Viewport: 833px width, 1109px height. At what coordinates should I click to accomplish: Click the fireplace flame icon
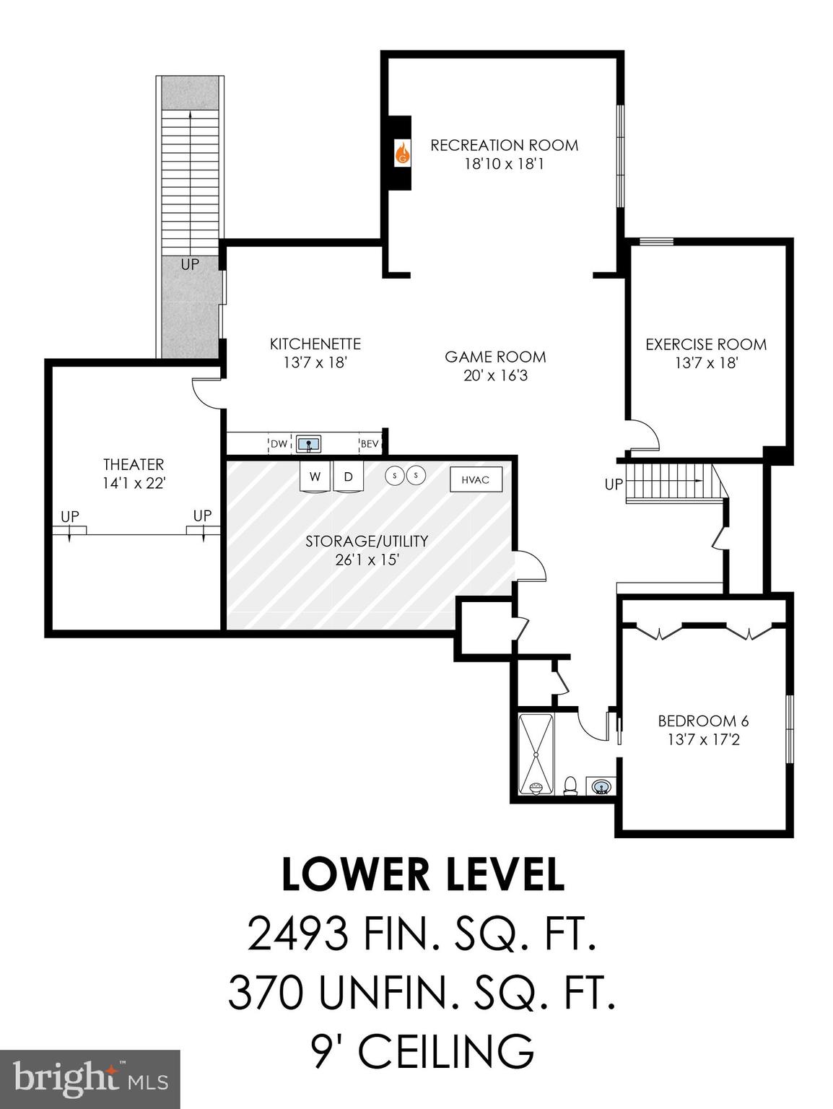[402, 152]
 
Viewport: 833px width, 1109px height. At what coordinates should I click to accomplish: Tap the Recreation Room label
[504, 145]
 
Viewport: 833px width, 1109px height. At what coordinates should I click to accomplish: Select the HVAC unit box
[476, 479]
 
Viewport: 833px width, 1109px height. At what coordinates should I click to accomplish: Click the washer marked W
[315, 477]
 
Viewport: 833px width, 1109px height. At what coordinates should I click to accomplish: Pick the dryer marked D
[349, 477]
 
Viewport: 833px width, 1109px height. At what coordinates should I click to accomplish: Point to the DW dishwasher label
[279, 444]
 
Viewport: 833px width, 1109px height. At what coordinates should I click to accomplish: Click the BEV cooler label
[370, 444]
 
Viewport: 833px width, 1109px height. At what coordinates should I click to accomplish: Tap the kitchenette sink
[309, 444]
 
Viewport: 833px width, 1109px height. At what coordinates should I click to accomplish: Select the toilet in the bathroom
[570, 785]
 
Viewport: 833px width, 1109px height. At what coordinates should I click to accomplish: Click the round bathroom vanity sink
[599, 785]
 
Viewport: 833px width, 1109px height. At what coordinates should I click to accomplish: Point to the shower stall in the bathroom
[536, 754]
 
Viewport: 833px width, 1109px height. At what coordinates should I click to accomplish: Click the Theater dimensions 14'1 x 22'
[134, 483]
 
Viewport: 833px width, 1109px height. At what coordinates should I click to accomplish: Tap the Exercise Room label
[705, 344]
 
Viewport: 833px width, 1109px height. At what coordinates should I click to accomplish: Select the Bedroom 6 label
[702, 721]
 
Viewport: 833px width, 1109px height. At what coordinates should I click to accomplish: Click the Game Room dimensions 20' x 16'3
[495, 375]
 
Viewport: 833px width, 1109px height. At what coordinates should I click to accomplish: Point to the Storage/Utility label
[366, 541]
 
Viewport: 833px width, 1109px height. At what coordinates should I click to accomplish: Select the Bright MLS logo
[90, 1079]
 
